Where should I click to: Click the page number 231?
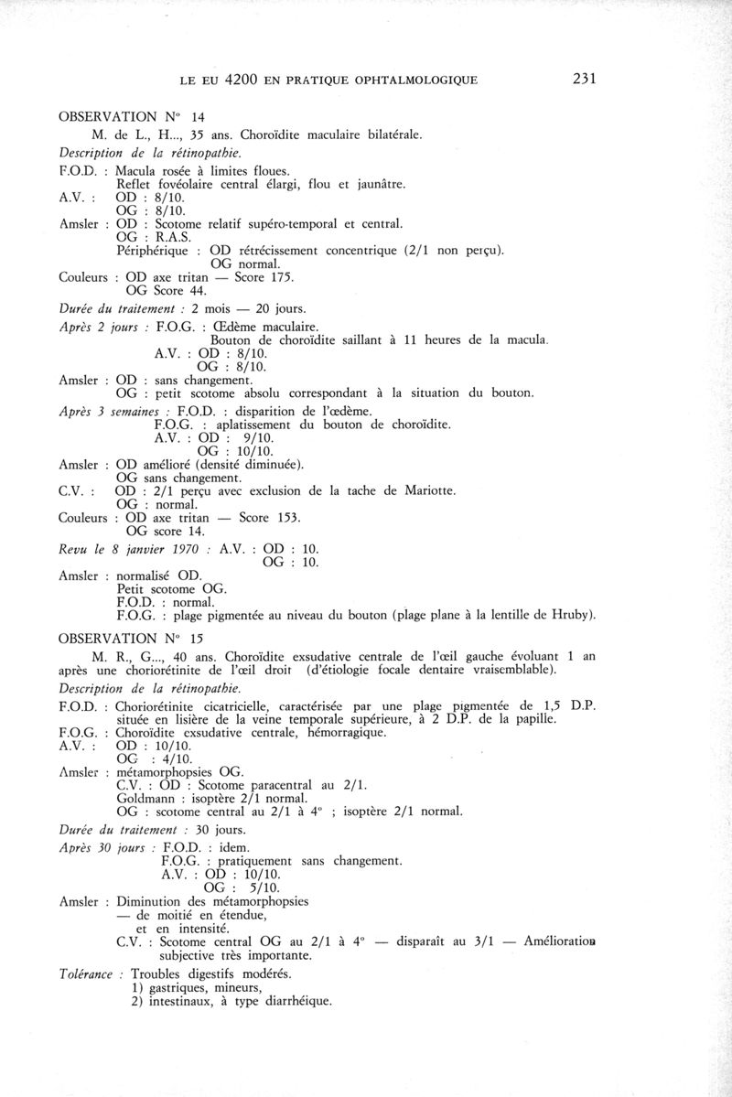pyautogui.click(x=583, y=79)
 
